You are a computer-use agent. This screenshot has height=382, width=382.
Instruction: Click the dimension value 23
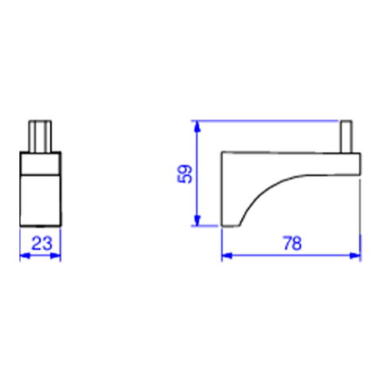point(42,244)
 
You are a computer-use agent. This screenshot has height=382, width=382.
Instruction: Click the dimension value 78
point(292,244)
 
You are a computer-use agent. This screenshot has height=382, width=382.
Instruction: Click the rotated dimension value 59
point(185,173)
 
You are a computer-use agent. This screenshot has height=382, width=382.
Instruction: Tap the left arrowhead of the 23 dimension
point(25,256)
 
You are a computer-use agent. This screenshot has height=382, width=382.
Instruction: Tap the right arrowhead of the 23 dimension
point(56,256)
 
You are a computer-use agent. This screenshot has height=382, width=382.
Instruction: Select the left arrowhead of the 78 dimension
point(227,255)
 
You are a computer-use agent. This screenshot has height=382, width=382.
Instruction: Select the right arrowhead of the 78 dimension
point(356,255)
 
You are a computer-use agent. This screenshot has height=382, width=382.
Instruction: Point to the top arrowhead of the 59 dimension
point(197,127)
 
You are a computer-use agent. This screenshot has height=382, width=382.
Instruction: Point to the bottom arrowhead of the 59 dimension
point(197,220)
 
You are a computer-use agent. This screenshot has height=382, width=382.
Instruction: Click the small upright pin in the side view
point(346,136)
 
